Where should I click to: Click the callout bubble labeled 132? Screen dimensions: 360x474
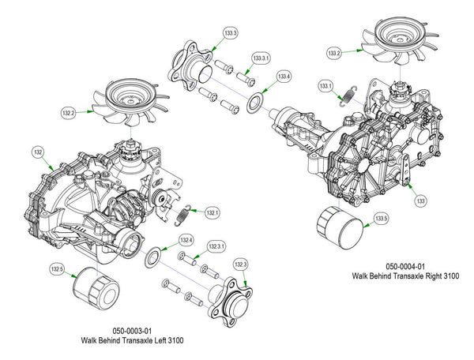pyautogui.click(x=38, y=151)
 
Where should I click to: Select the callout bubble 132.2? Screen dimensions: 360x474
pyautogui.click(x=69, y=114)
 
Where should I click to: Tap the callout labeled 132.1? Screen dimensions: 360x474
pyautogui.click(x=212, y=212)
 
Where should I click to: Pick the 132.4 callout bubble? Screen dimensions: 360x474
pyautogui.click(x=186, y=239)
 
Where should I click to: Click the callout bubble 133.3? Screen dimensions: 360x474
pyautogui.click(x=231, y=33)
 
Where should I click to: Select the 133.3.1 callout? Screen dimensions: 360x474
pyautogui.click(x=261, y=59)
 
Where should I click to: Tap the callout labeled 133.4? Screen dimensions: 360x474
pyautogui.click(x=284, y=77)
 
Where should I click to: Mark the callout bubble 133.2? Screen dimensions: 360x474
pyautogui.click(x=334, y=53)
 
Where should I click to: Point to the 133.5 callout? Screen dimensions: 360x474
pyautogui.click(x=382, y=219)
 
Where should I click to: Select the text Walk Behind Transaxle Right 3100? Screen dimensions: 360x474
pyautogui.click(x=404, y=276)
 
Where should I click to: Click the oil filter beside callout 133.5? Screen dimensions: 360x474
pyautogui.click(x=338, y=229)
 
